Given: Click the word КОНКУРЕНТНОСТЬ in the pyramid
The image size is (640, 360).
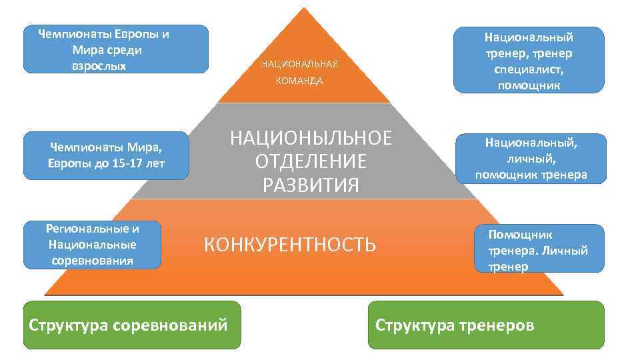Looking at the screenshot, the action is [289, 245].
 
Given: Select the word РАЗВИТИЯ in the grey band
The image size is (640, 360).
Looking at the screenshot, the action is [311, 184].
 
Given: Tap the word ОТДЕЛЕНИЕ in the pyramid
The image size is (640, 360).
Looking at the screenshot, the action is [311, 161].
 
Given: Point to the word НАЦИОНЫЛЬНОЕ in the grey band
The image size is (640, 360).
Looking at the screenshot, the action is [311, 139].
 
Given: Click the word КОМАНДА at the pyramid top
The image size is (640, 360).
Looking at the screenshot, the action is [300, 81].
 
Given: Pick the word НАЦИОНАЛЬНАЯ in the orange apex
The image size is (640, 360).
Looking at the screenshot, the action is [300, 64].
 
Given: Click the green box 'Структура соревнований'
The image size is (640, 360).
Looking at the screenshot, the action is [132, 325].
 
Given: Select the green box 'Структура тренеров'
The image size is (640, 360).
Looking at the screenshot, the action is [486, 325].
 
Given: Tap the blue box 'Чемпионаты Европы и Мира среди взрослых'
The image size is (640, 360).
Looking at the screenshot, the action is [116, 49].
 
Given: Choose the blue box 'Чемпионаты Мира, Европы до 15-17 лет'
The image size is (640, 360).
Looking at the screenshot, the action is [107, 156].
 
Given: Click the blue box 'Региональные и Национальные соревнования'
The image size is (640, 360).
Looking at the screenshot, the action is [92, 245].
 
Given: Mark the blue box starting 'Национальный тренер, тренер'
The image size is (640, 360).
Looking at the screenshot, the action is [529, 61].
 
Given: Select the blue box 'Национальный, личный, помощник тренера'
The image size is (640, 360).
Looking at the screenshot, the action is [531, 159].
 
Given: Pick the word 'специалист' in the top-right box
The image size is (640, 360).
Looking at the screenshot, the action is [529, 69].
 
